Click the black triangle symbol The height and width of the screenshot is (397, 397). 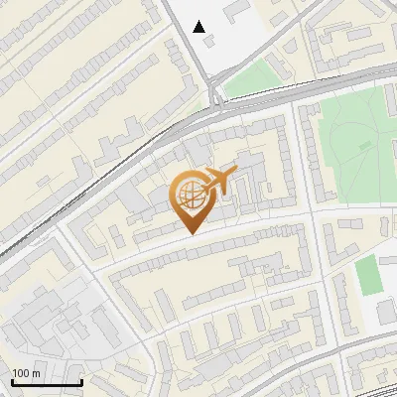tap(199, 27)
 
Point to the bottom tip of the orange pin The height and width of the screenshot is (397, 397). tap(192, 232)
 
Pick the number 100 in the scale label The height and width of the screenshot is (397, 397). tap(21, 373)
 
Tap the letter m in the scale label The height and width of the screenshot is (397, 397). tap(36, 373)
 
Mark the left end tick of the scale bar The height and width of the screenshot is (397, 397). tap(12, 380)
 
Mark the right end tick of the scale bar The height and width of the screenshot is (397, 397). tap(81, 380)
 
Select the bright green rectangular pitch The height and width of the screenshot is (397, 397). tap(368, 274)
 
